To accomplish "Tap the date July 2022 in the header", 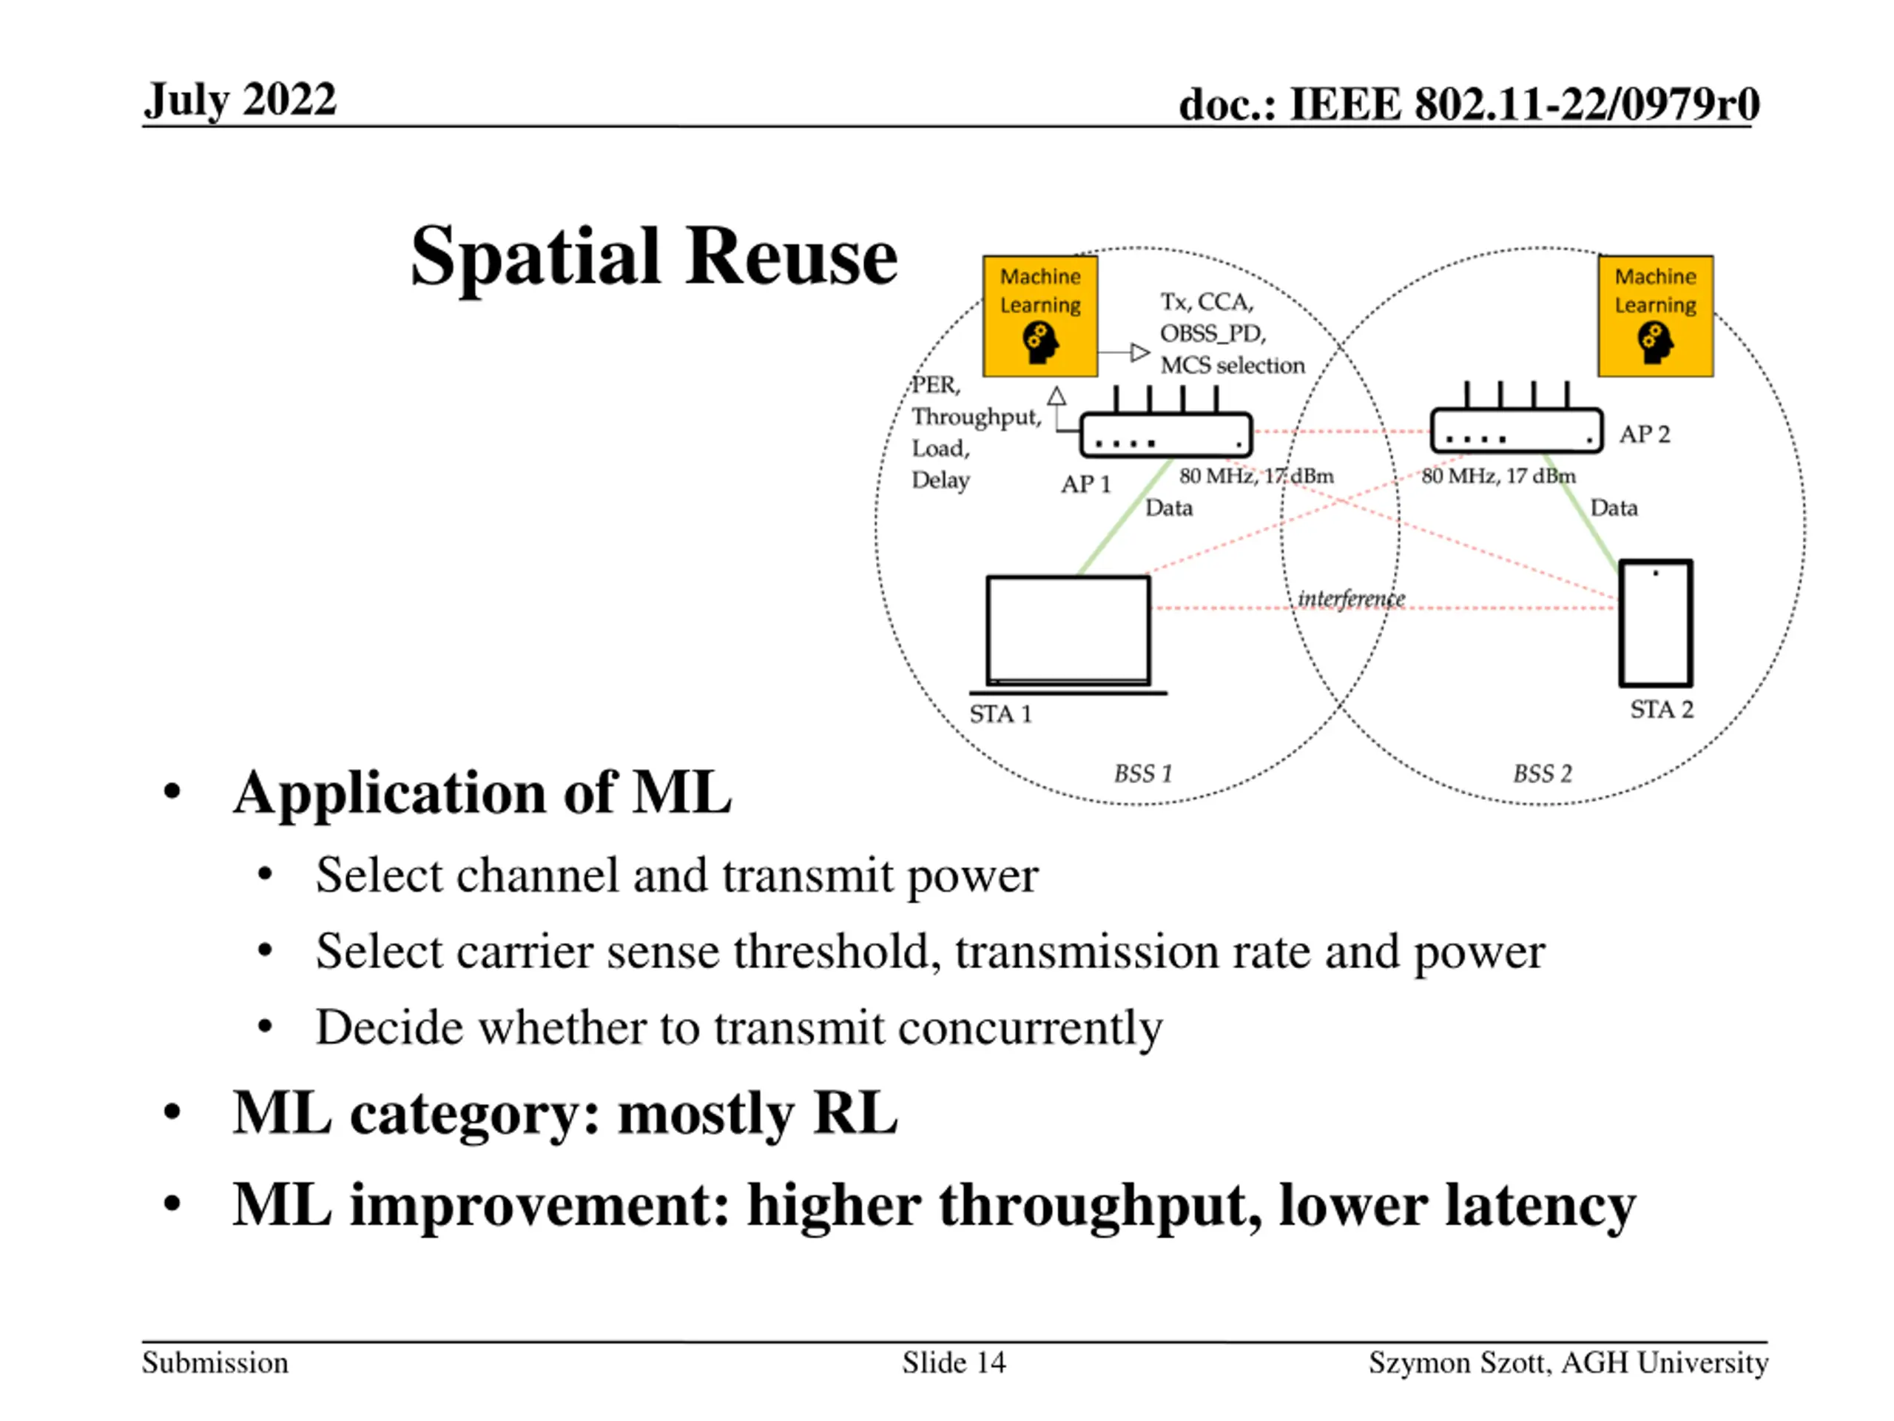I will click(240, 99).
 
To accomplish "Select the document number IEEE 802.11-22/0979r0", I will click(1469, 104).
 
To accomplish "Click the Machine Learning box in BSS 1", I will click(1039, 316).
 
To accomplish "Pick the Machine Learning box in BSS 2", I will click(1654, 316).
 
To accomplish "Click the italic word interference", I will click(1351, 598).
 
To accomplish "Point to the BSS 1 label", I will click(1142, 773).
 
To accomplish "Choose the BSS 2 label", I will click(1542, 773).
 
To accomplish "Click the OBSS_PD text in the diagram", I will click(1213, 333).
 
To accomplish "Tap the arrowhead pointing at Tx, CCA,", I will click(1139, 352).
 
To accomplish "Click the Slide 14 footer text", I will click(953, 1363).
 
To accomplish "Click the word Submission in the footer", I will click(215, 1363).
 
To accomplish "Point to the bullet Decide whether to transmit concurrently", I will click(738, 1027).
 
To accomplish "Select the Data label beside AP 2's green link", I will click(1613, 508).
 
